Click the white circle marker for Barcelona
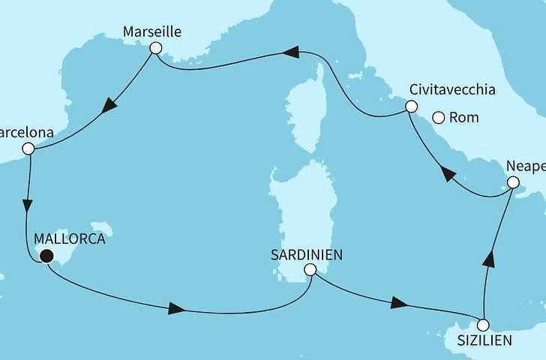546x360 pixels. pos(28,148)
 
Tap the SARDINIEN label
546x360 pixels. pos(307,254)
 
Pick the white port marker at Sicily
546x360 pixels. pos(483,325)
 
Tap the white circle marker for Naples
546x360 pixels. pos(513,182)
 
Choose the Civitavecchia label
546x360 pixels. pos(453,90)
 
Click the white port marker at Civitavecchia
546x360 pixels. pos(411,106)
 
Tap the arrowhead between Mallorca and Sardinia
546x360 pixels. pos(176,308)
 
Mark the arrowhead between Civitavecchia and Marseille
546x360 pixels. pos(292,52)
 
